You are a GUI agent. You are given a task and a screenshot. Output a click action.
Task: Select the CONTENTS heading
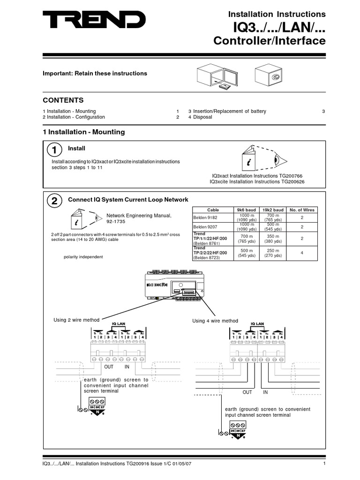pos(63,100)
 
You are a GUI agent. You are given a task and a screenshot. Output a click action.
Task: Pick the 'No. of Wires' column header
pos(302,210)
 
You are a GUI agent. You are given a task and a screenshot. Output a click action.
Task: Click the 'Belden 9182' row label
pos(205,217)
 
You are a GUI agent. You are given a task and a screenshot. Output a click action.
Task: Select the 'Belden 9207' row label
pos(205,227)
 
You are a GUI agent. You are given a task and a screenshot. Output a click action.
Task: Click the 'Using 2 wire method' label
pos(77,320)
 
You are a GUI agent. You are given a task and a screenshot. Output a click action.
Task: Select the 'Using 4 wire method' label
pos(215,321)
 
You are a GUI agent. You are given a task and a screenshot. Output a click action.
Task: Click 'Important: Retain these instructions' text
pos(95,74)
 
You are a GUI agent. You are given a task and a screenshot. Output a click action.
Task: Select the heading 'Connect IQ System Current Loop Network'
pos(128,200)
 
